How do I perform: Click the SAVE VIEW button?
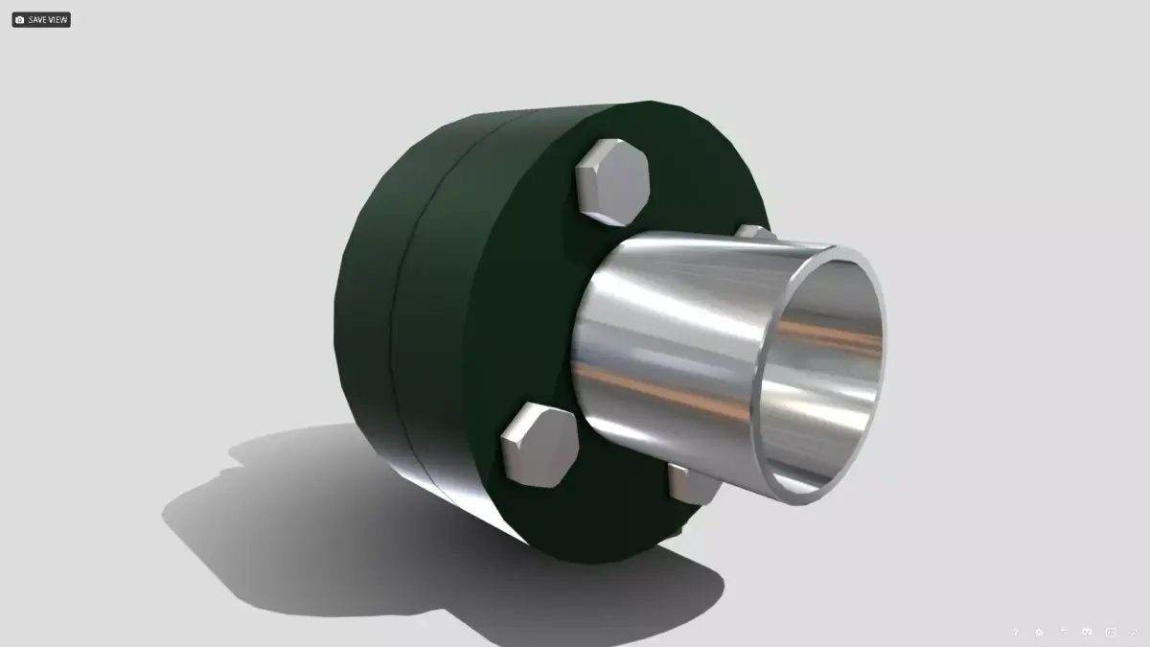[x=41, y=19]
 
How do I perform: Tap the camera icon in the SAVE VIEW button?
[x=20, y=19]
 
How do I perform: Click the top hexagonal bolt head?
[x=612, y=181]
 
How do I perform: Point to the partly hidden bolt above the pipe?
[x=753, y=232]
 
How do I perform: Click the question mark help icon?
[x=1016, y=632]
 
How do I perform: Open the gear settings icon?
[x=1040, y=632]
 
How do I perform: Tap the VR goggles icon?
[x=1088, y=632]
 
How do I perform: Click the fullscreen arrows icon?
[x=1135, y=632]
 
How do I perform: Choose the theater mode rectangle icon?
[x=1112, y=632]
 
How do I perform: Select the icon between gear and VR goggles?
[x=1064, y=632]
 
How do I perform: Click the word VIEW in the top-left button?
[x=57, y=19]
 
